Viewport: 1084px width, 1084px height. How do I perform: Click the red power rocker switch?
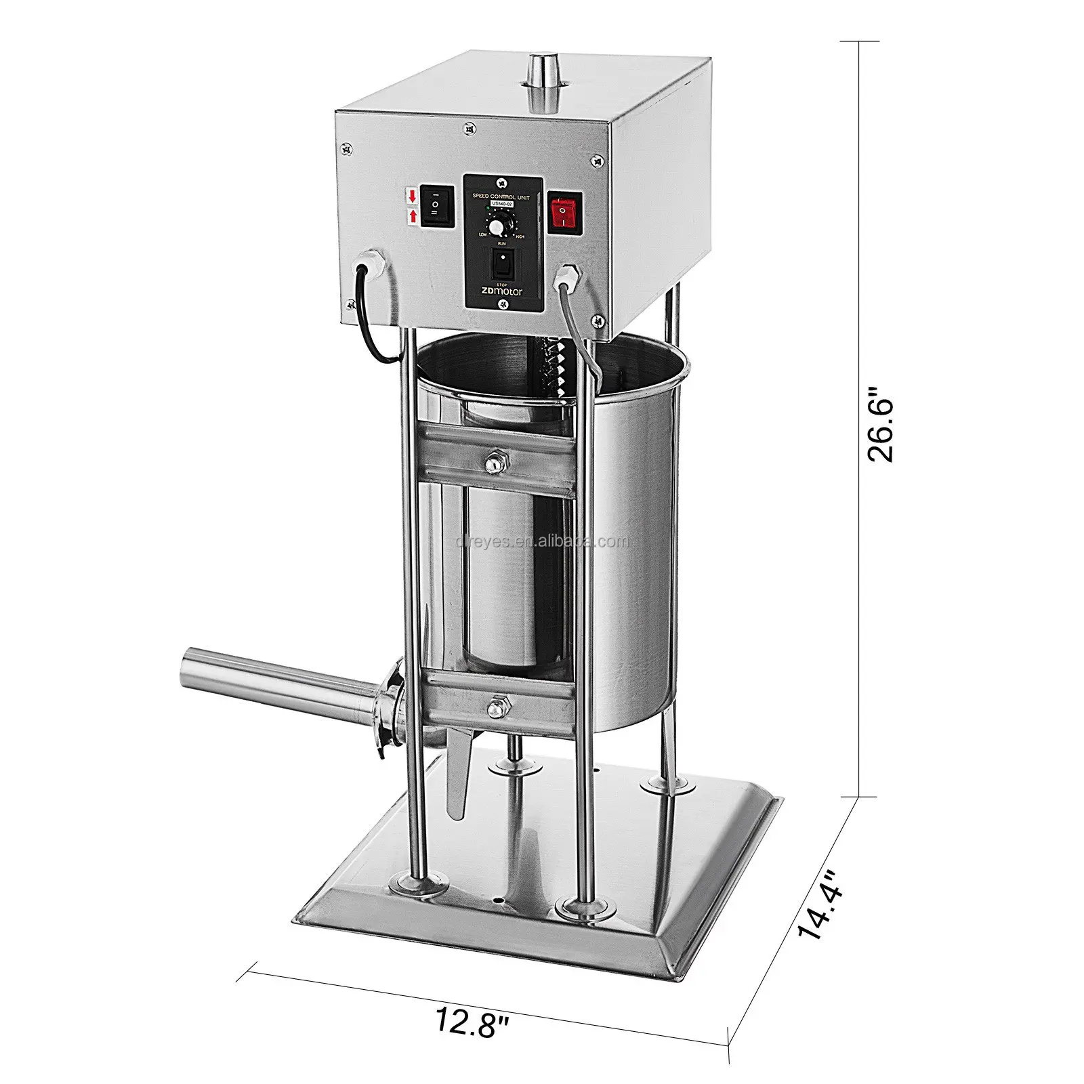point(565,212)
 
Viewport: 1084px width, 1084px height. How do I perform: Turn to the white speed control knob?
point(498,226)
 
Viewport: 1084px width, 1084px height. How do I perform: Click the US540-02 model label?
point(503,203)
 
